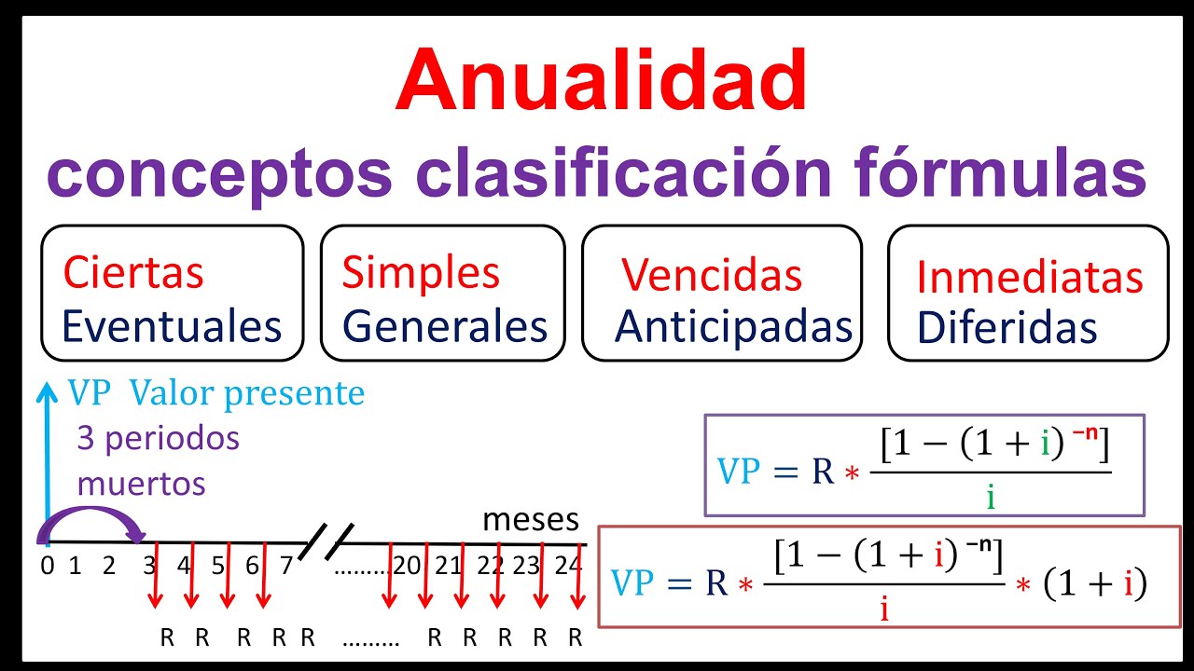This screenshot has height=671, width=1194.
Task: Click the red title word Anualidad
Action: pos(601,81)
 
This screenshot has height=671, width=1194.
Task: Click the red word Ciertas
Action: pos(133,273)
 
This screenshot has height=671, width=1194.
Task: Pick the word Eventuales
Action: pos(172,326)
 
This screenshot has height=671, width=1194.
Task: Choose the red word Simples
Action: pos(421,273)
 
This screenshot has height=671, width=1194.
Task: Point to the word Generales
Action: pos(445,326)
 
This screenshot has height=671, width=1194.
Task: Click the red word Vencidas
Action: pos(712,276)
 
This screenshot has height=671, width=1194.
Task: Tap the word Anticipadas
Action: pos(734,326)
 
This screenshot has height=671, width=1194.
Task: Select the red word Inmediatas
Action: pos(1030,278)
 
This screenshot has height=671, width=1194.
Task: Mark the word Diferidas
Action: pos(1007,328)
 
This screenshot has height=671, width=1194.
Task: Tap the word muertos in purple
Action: pos(141,485)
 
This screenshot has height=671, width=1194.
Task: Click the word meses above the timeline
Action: pos(530,520)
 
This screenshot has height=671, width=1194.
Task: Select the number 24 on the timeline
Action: pos(568,566)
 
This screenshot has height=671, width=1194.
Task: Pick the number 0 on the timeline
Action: pos(47,566)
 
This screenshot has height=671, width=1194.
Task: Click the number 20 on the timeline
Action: pos(406,566)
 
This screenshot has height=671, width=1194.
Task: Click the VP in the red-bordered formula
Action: pos(634,582)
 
